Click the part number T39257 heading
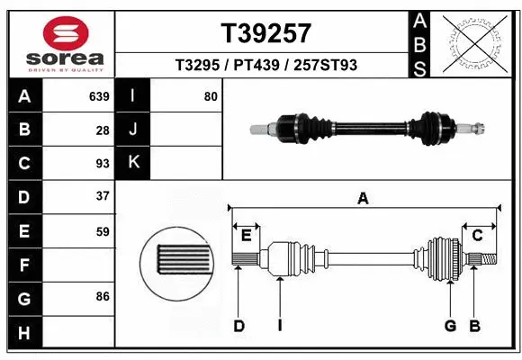pos(265,34)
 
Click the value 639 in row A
pos(99,96)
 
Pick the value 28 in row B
pos(103,130)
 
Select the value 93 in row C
pos(103,164)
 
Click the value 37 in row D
pos(103,196)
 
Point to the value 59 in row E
pos(103,231)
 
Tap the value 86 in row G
pos(103,295)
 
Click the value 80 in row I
pos(211,96)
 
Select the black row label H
pos(23,334)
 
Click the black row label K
pos(133,163)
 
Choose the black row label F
pos(23,266)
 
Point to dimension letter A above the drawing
pos(363,199)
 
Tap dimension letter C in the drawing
pos(478,236)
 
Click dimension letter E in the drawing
pos(245,236)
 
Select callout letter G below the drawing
pos(450,326)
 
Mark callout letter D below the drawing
pos(239,326)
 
